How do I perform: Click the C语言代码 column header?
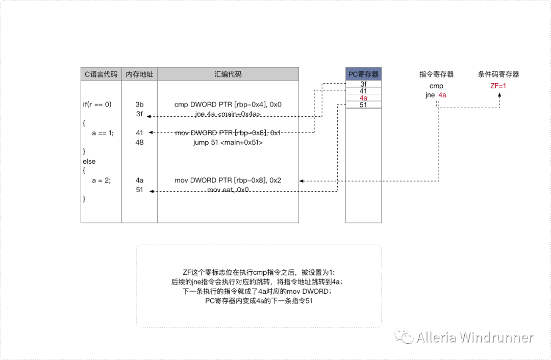101,74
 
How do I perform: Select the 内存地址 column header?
139,74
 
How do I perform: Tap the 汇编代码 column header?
228,74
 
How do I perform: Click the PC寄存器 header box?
363,74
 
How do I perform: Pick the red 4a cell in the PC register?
363,98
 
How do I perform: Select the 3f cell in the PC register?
363,84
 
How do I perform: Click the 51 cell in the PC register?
363,105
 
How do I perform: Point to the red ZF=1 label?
498,86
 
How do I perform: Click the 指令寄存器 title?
436,74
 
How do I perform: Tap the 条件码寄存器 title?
498,74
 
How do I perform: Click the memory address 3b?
139,105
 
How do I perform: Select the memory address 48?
139,142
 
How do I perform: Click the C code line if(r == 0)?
97,105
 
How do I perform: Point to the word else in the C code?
89,161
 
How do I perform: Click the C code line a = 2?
101,180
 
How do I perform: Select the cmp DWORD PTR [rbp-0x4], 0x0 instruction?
228,105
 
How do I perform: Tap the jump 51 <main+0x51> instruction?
228,142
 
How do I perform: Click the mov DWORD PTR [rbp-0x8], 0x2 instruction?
228,180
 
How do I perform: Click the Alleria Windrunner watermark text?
474,338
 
